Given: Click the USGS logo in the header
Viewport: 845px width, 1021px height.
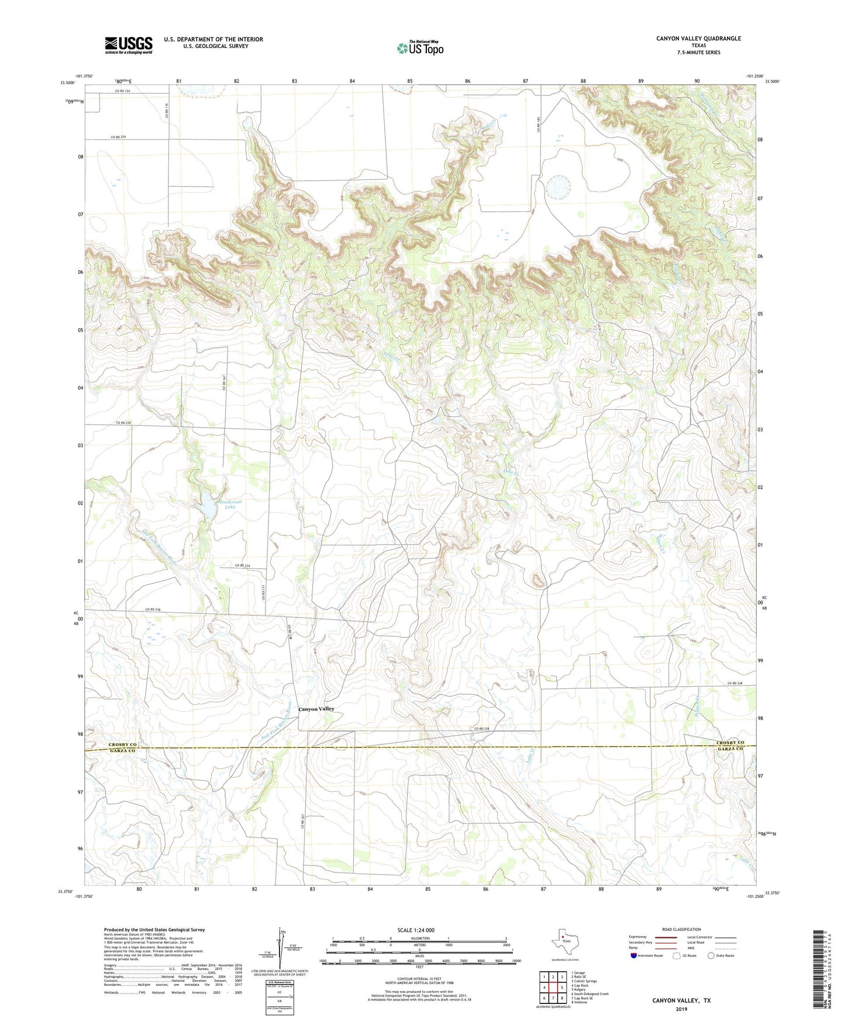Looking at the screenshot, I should coord(129,45).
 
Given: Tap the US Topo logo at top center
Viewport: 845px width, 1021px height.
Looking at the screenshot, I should coord(419,48).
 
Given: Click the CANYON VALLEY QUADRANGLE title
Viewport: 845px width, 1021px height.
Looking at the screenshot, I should coord(698,39).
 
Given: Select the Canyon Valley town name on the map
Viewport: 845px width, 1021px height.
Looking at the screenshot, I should coord(316,709).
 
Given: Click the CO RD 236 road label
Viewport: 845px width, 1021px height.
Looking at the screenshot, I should coord(153,610).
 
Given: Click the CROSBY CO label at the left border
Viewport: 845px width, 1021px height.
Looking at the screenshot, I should coord(122,744).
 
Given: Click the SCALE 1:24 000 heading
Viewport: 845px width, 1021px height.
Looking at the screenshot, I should coord(416,930).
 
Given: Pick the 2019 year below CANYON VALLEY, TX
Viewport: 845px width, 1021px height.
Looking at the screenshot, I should coord(681,1009).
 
